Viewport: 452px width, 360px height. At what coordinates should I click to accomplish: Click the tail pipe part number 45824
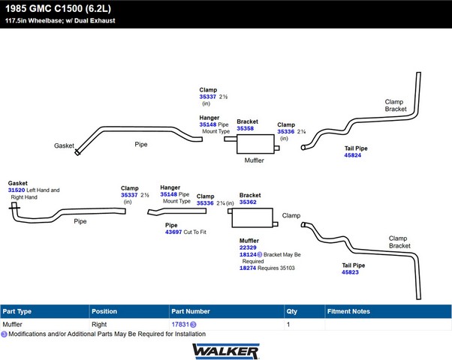[352, 155]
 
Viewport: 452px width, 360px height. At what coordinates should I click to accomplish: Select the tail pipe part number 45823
[350, 272]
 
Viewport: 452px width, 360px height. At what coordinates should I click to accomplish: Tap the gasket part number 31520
[17, 190]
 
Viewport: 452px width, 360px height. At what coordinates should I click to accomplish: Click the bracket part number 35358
[245, 128]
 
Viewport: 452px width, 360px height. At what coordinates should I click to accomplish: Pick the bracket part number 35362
[248, 202]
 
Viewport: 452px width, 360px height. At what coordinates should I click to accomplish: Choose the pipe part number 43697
[173, 232]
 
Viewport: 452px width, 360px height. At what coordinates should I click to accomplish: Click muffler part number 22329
[248, 247]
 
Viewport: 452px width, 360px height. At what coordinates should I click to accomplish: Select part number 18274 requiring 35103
[248, 268]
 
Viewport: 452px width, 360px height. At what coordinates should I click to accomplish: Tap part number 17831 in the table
[180, 324]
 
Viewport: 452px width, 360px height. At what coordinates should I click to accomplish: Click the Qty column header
[292, 310]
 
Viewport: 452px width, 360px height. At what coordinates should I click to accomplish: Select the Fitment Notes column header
[348, 310]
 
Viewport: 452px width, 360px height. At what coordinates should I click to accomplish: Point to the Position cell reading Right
[99, 324]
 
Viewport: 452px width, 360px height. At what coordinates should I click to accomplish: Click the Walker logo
[226, 350]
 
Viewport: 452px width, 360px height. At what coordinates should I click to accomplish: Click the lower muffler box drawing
[253, 217]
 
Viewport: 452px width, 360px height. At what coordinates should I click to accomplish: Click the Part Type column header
[17, 310]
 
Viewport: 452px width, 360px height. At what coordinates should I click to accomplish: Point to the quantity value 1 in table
[288, 324]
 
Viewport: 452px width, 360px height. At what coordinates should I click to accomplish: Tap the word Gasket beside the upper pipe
[64, 145]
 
